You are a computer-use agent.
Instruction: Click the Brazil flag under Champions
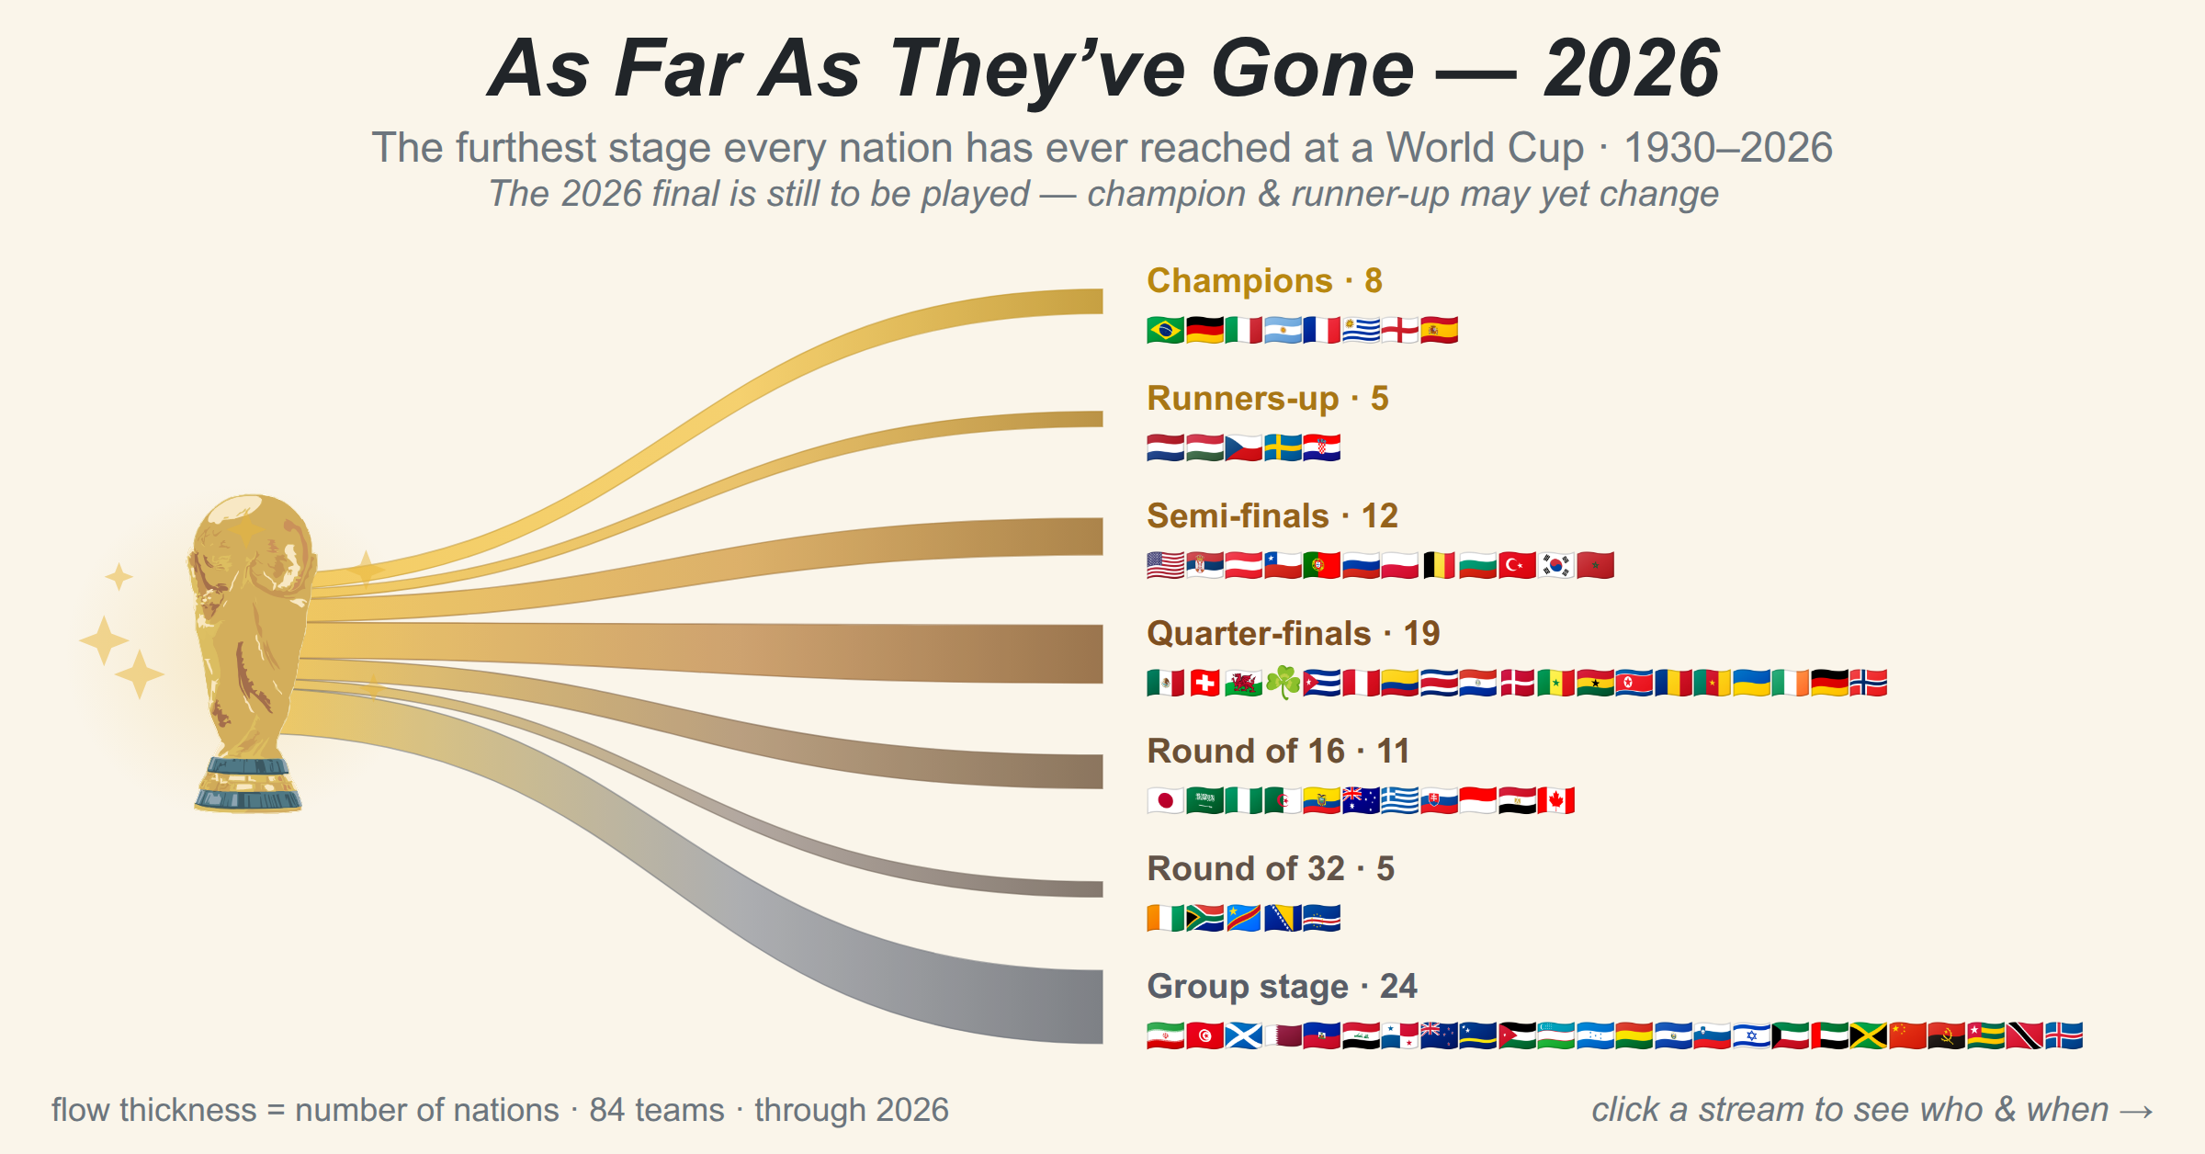pyautogui.click(x=1166, y=330)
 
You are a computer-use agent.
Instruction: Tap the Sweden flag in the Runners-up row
pyautogui.click(x=1283, y=447)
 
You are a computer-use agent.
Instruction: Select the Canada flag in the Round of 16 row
pyautogui.click(x=1556, y=800)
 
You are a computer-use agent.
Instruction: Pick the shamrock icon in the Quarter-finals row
pyautogui.click(x=1283, y=683)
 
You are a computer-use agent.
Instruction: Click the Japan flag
pyautogui.click(x=1166, y=800)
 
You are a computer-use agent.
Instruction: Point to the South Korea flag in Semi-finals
pyautogui.click(x=1556, y=565)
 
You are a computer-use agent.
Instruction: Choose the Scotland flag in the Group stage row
pyautogui.click(x=1244, y=1035)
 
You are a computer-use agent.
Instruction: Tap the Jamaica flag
pyautogui.click(x=1869, y=1035)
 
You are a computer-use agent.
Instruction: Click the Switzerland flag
pyautogui.click(x=1204, y=683)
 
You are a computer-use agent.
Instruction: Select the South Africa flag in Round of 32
pyautogui.click(x=1204, y=918)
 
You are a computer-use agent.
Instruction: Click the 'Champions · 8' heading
pyautogui.click(x=1264, y=281)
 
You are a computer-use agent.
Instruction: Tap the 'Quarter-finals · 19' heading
pyautogui.click(x=1293, y=634)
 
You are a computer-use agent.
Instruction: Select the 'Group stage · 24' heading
pyautogui.click(x=1282, y=987)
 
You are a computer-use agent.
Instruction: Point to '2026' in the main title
pyautogui.click(x=1631, y=69)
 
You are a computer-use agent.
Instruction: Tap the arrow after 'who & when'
pyautogui.click(x=2136, y=1112)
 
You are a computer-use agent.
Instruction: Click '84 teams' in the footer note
pyautogui.click(x=657, y=1110)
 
